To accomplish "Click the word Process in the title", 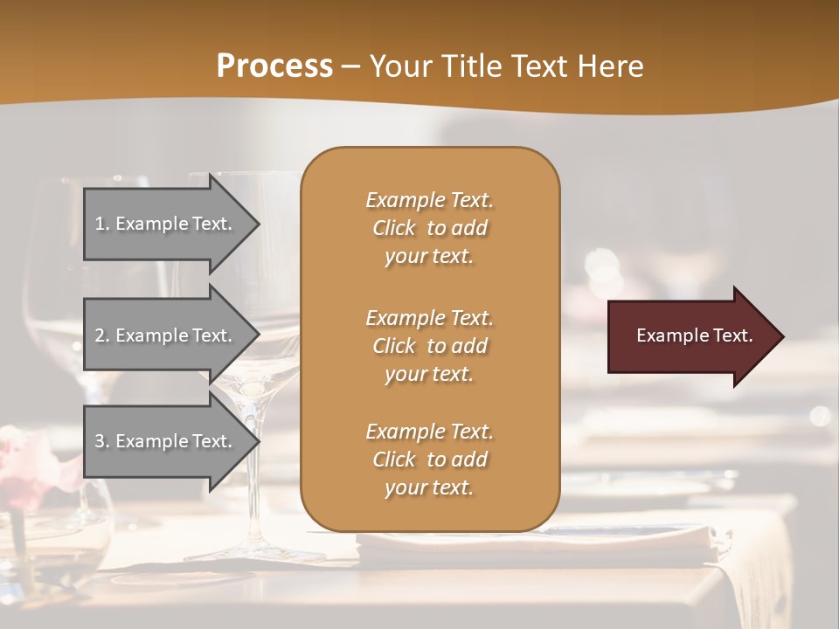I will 274,66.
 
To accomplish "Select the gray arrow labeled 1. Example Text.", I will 166,224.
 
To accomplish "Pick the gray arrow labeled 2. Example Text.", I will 166,335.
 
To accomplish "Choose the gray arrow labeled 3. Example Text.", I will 166,441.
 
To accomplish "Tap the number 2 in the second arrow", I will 100,335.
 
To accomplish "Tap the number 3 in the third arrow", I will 100,441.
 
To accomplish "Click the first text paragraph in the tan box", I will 429,228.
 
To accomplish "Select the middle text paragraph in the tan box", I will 429,346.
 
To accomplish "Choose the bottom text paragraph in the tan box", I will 429,460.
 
